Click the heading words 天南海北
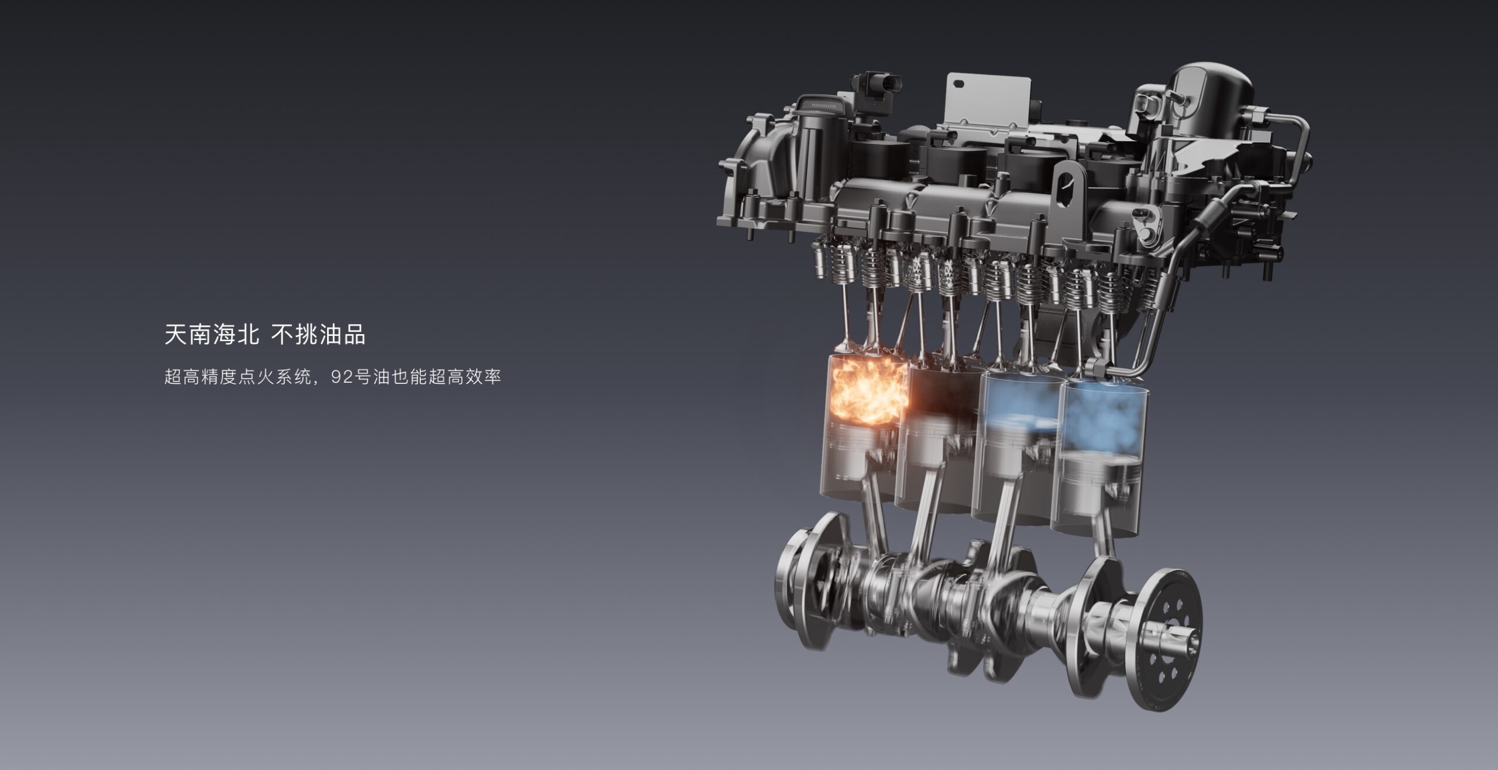click(x=212, y=336)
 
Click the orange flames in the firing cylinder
click(x=868, y=391)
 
